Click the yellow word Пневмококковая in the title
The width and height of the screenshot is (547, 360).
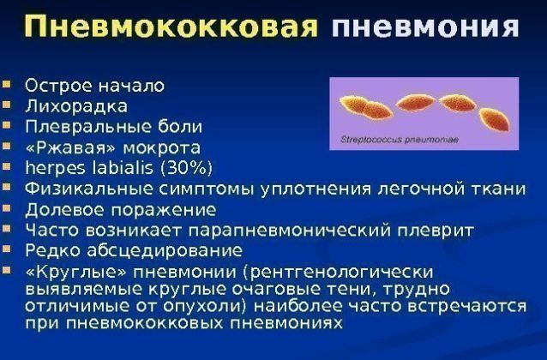pos(171,27)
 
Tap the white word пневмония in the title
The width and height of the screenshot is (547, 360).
pos(425,27)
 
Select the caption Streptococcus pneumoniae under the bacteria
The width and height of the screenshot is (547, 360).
pos(400,140)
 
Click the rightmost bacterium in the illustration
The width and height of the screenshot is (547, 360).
pos(495,120)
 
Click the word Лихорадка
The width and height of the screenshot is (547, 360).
pos(76,106)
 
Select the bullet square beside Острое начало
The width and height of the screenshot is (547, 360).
pos(6,84)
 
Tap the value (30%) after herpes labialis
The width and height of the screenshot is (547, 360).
pos(186,168)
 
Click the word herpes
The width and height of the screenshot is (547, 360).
pos(55,169)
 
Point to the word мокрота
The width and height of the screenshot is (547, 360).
pos(162,148)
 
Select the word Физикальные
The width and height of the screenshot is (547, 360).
pos(89,189)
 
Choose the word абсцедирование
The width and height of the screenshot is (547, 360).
pos(165,250)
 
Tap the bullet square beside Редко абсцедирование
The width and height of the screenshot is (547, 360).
pos(6,249)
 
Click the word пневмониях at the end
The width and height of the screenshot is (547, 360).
pos(286,323)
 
